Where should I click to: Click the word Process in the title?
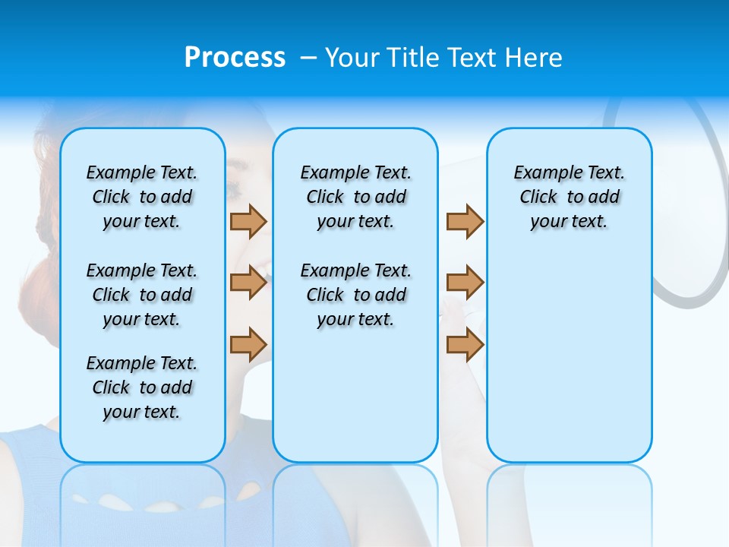pos(235,58)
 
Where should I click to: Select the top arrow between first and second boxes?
pos(248,221)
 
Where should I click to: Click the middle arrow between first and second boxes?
pos(248,283)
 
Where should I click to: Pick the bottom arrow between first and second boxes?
pos(248,344)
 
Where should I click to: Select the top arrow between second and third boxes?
pos(465,221)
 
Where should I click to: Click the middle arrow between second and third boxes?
pos(465,283)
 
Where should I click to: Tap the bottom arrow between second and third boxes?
pos(465,344)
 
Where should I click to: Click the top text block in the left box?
pos(142,197)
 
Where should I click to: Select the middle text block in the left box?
pos(142,295)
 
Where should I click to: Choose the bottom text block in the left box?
pos(142,387)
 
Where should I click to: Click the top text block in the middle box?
pos(355,197)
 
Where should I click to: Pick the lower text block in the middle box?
pos(355,295)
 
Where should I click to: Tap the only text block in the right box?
pos(570,197)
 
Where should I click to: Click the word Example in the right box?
pos(541,173)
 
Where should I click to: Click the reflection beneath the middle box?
pos(355,494)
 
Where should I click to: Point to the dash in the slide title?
pos(308,56)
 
